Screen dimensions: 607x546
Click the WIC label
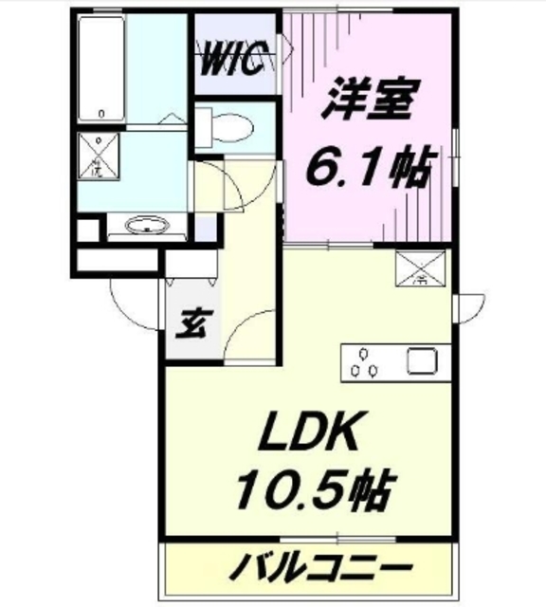point(237,62)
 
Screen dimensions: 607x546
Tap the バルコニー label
point(318,571)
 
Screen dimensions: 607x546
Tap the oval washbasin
point(147,226)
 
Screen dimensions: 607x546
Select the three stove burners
point(366,362)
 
